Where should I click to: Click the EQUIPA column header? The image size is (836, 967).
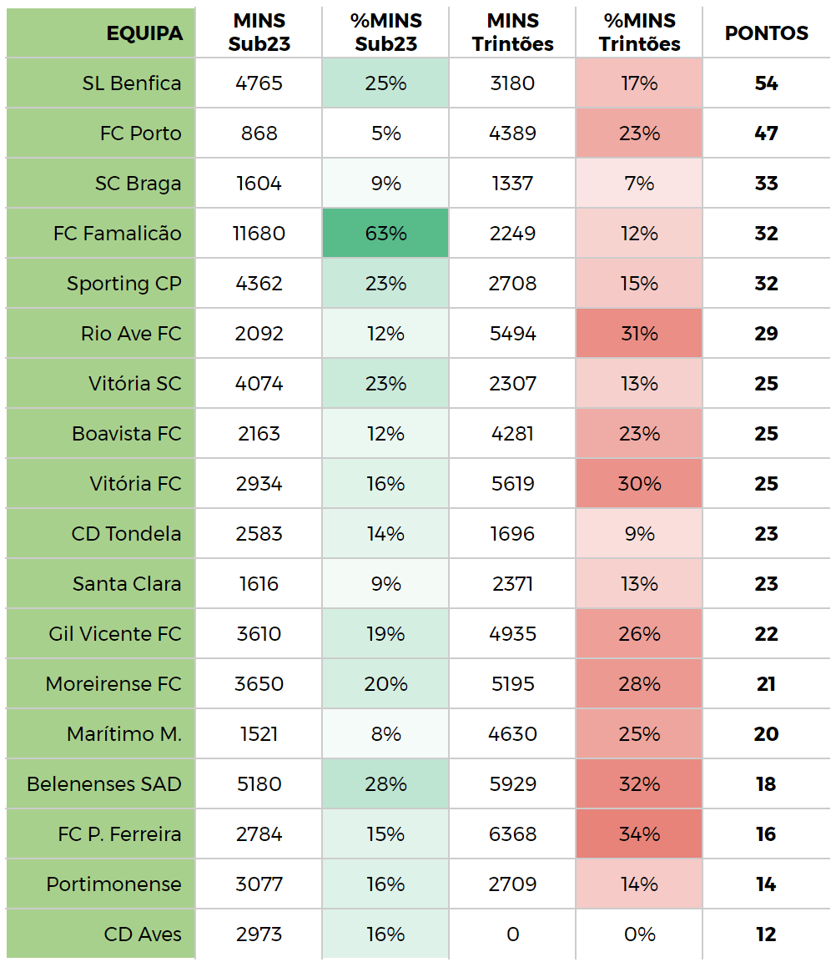(x=144, y=33)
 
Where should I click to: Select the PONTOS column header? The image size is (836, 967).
(x=766, y=33)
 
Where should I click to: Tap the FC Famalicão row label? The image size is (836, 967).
(x=117, y=234)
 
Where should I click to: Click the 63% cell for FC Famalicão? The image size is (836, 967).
(x=385, y=234)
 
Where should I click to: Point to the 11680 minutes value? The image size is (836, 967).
(x=259, y=234)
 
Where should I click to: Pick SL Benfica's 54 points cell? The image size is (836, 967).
(x=766, y=83)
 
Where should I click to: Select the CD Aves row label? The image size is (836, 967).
(x=143, y=934)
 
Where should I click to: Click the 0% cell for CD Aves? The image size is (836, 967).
(x=639, y=934)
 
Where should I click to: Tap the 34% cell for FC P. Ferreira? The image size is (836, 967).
(x=639, y=834)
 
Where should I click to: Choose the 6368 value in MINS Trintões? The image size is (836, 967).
(x=512, y=834)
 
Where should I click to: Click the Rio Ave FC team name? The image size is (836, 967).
(x=131, y=334)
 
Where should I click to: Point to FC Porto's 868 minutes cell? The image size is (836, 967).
(x=259, y=133)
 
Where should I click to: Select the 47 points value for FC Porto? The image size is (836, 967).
(x=766, y=133)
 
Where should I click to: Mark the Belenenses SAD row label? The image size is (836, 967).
(x=104, y=784)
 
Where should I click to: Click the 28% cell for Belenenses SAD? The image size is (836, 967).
(x=385, y=784)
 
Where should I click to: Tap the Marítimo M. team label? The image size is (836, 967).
(x=124, y=734)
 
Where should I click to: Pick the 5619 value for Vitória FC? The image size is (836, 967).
(x=512, y=484)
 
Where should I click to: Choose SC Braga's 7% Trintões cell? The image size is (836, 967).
(x=639, y=184)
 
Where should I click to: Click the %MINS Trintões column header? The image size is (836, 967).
(x=639, y=33)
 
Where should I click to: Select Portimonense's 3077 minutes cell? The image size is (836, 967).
(x=259, y=884)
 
